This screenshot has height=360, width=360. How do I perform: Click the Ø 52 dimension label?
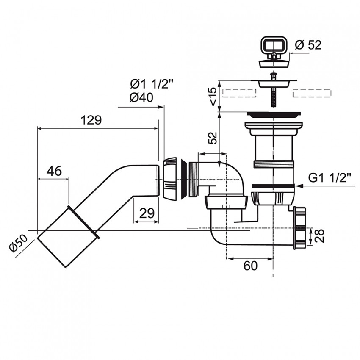pos(308,45)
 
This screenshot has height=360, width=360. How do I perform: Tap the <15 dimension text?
pos(213,97)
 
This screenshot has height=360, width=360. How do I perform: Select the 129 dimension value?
pos(91,120)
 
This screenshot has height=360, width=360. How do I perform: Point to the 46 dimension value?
pos(54,171)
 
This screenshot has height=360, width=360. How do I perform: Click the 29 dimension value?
pos(147,213)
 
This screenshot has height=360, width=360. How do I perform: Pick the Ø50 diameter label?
pos(18,244)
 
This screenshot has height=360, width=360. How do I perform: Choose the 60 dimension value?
pos(250,266)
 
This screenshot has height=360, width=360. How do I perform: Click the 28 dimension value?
pos(319,235)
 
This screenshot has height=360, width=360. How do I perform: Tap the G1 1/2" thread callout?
pos(330,178)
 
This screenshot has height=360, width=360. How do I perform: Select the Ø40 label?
pos(141,97)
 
